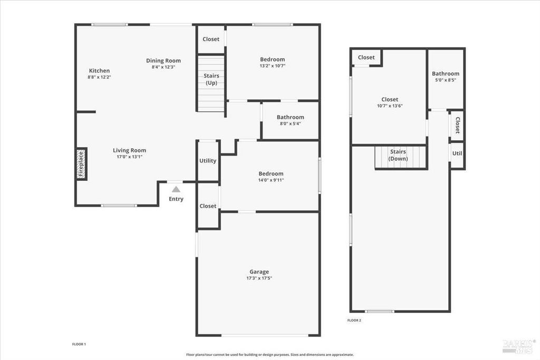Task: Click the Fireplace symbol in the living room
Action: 81,164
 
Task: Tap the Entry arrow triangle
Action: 176,189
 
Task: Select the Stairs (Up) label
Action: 211,80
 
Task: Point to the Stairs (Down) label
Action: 398,155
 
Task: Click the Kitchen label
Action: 99,71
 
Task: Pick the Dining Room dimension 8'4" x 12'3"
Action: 163,67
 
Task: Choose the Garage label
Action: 259,272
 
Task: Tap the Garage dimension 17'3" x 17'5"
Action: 259,278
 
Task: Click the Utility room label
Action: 208,161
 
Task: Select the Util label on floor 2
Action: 457,153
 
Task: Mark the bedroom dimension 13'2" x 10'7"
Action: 272,66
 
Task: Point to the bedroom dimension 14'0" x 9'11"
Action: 271,180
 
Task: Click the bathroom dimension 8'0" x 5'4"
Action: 290,124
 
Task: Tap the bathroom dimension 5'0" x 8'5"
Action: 445,81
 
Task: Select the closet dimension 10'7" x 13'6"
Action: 390,106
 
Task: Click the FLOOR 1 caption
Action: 79,344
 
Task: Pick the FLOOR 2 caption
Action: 354,320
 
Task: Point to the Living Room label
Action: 129,150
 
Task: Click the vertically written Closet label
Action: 457,125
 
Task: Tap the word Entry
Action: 176,199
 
